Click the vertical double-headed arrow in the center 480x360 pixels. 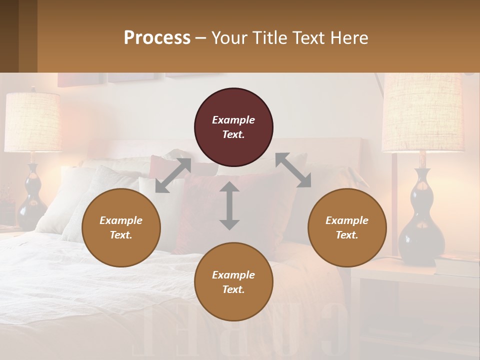(229, 205)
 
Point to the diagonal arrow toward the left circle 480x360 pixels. (173, 175)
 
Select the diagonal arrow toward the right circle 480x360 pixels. (293, 170)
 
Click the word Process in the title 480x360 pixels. (157, 37)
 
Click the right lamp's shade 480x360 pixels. (422, 112)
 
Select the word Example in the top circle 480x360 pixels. (233, 120)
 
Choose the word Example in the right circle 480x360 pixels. (347, 220)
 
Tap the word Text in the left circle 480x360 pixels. (121, 235)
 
